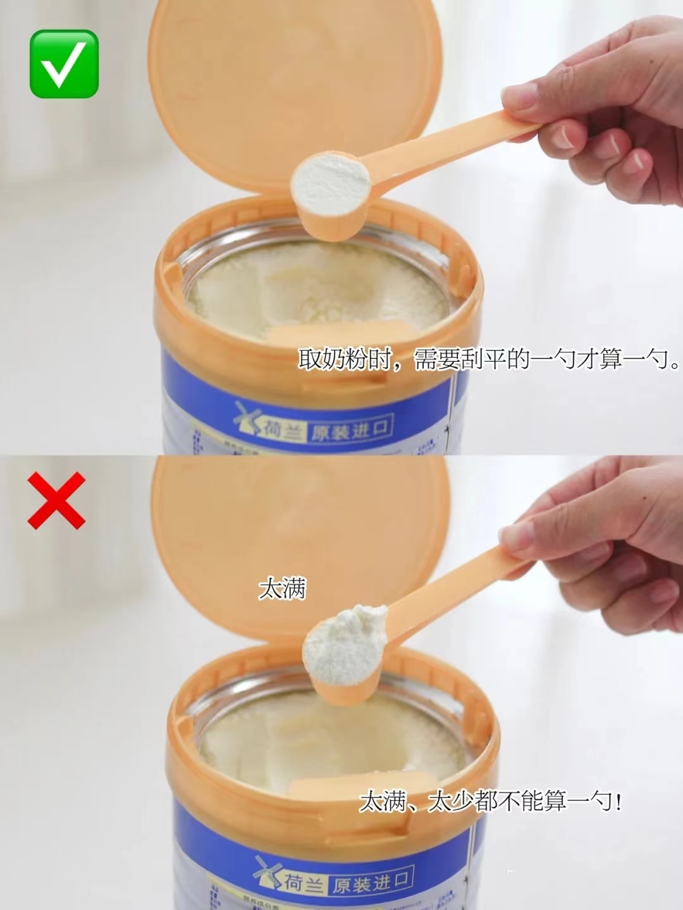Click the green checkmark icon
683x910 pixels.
pos(64,64)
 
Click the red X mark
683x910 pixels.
pos(56,500)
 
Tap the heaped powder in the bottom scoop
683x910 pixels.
pos(346,637)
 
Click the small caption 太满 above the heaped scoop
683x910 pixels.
pos(282,589)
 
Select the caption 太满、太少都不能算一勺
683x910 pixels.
pos(490,802)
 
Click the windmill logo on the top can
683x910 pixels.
pos(247,420)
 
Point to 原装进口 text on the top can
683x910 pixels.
pos(349,431)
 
